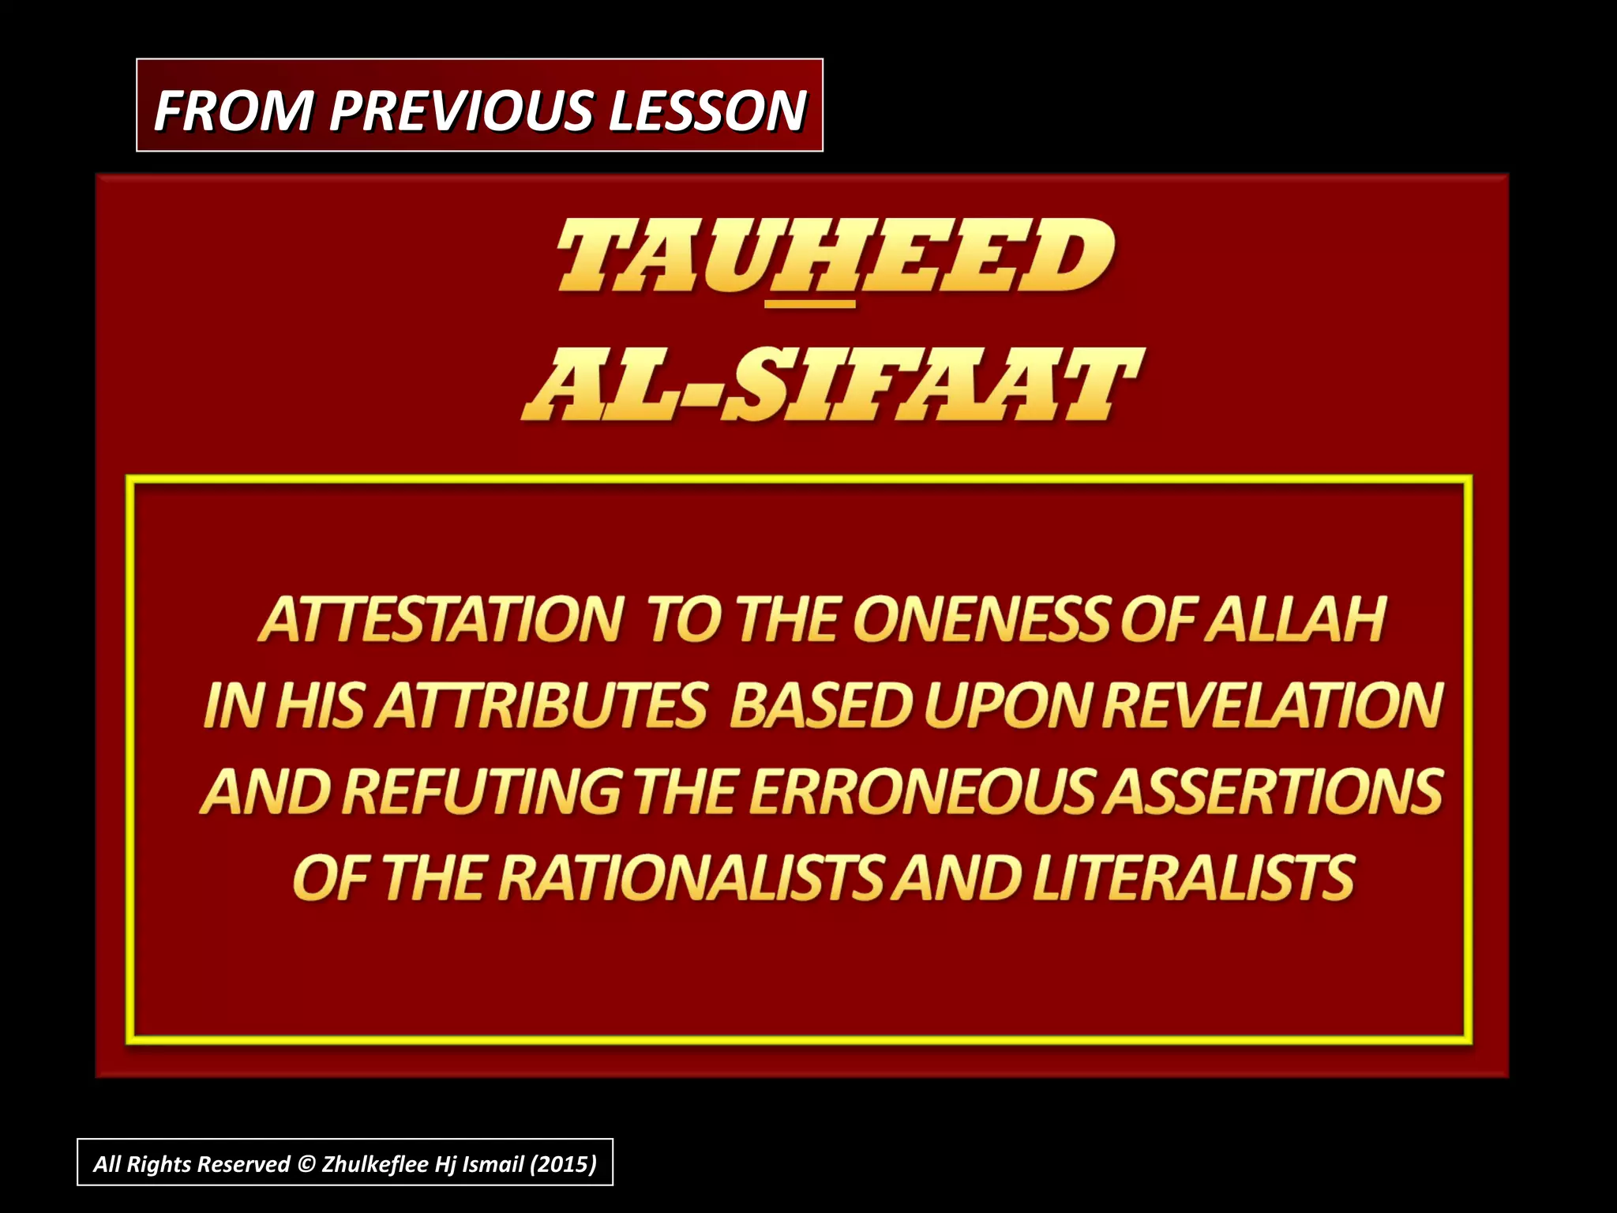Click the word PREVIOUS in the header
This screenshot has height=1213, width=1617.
[x=461, y=110]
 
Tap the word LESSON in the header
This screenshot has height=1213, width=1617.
[x=707, y=110]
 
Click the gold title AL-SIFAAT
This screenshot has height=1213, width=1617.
[x=832, y=385]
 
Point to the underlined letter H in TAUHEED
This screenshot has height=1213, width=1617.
[x=811, y=257]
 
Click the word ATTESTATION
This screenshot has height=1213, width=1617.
[x=441, y=620]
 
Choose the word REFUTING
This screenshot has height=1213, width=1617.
[x=482, y=791]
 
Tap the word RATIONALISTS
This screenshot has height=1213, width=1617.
[x=690, y=878]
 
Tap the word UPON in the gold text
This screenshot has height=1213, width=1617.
[x=1008, y=705]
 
